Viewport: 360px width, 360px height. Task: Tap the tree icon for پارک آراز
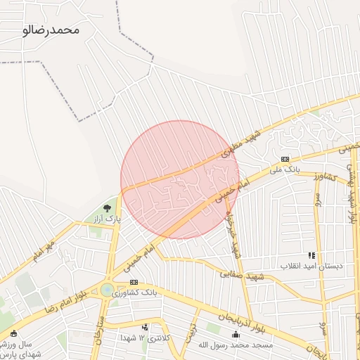[x=107, y=208]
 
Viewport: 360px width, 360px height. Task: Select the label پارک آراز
[x=109, y=219]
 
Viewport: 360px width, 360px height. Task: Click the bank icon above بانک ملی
[x=285, y=160]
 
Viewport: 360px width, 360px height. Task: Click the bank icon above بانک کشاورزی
[x=134, y=282]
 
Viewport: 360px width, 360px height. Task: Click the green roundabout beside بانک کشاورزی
[x=107, y=290]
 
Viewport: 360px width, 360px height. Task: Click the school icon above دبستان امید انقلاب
[x=311, y=256]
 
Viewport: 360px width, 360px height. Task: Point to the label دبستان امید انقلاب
[x=310, y=266]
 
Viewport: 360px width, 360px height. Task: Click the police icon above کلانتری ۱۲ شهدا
[x=145, y=327]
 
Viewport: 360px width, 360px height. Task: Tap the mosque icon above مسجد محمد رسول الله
[x=235, y=334]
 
